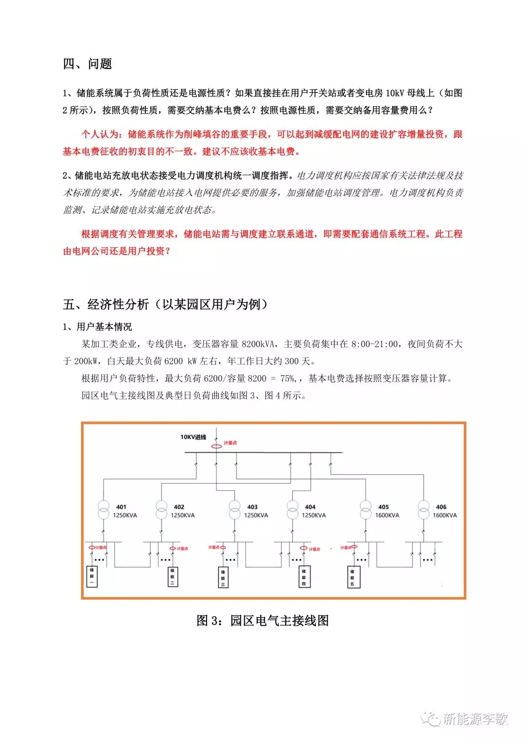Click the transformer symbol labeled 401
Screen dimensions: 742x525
[x=104, y=509]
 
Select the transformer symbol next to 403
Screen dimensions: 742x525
[x=235, y=509]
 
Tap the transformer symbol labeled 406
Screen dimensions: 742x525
[x=424, y=509]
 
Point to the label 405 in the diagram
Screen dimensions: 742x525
[x=384, y=507]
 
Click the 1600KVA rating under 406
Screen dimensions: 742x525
[x=445, y=515]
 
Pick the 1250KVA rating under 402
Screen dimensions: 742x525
[x=182, y=515]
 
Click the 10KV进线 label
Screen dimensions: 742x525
[x=193, y=437]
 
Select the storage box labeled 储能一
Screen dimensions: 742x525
[x=92, y=576]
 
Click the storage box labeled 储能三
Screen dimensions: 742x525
[x=223, y=577]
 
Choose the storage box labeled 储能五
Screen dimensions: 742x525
[x=353, y=577]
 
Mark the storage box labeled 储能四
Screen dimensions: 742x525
[x=304, y=577]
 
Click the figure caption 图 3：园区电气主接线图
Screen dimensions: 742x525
[x=262, y=621]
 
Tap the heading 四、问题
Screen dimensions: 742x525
[x=87, y=64]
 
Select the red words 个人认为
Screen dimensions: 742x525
[x=99, y=134]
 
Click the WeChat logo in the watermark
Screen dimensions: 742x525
[x=431, y=719]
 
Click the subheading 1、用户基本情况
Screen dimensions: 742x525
[x=97, y=327]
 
